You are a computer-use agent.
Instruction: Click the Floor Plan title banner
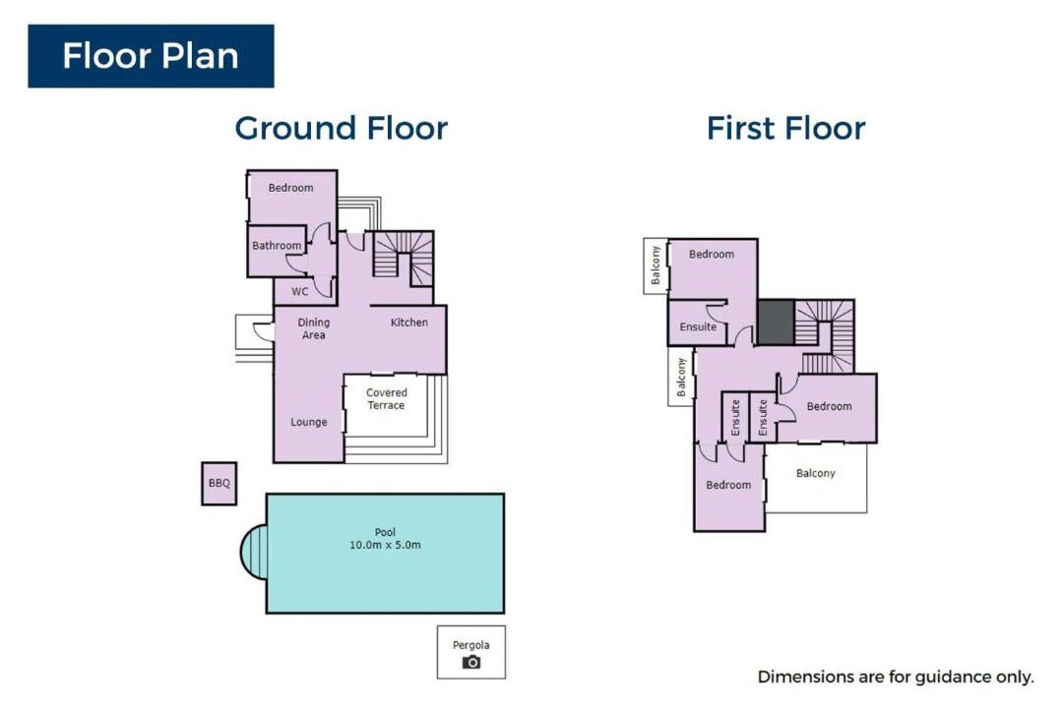151,56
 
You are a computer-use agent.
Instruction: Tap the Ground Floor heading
341,128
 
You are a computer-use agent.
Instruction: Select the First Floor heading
785,128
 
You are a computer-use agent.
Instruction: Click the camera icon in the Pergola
471,662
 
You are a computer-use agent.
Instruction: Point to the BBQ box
219,483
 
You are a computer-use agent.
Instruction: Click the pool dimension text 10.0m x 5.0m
385,545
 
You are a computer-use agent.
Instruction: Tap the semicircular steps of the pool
254,553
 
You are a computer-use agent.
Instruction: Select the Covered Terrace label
387,399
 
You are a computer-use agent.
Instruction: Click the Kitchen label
409,323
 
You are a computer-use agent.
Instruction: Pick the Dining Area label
313,328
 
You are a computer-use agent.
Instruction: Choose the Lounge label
309,422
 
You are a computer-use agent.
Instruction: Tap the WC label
299,291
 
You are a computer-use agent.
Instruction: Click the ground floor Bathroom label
277,245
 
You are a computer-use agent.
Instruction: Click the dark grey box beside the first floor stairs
776,322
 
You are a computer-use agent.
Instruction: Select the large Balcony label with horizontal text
816,473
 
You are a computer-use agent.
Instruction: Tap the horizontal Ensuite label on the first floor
698,326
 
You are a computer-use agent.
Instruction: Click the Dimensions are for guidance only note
896,677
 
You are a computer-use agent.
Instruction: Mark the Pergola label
471,645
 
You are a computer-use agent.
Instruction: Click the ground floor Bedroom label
290,188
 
